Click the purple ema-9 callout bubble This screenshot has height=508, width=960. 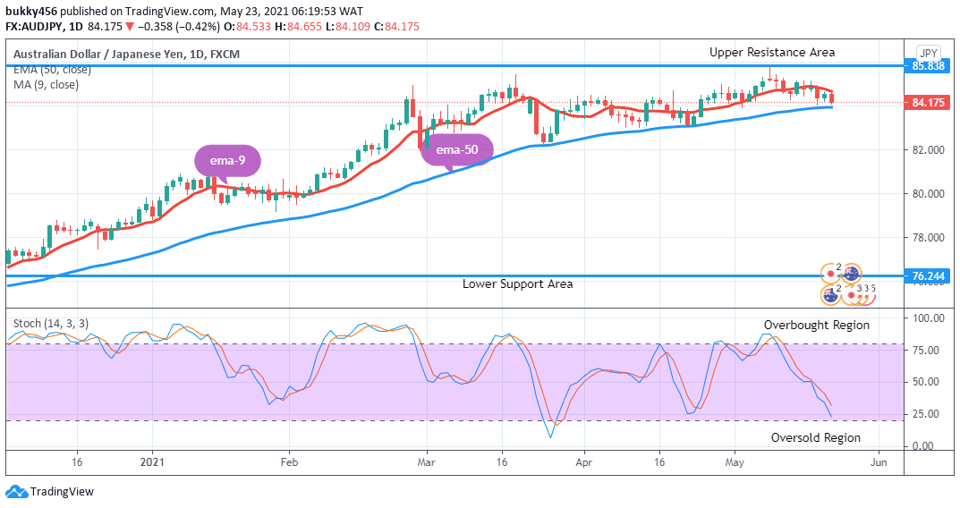[227, 162]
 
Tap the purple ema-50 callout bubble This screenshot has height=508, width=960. [456, 149]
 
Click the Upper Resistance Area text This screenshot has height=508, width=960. [772, 53]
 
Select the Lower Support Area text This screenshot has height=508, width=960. [517, 284]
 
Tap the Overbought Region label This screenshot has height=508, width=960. [816, 326]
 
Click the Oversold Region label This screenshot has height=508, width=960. [815, 437]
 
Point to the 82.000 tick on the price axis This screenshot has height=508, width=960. [927, 149]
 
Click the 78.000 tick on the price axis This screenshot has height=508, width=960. [927, 238]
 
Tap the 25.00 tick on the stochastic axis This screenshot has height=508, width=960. [926, 414]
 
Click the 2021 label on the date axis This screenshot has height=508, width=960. [153, 462]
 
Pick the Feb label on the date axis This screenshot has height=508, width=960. [289, 462]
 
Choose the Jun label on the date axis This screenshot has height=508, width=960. [879, 462]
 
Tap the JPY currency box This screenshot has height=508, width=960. [928, 52]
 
